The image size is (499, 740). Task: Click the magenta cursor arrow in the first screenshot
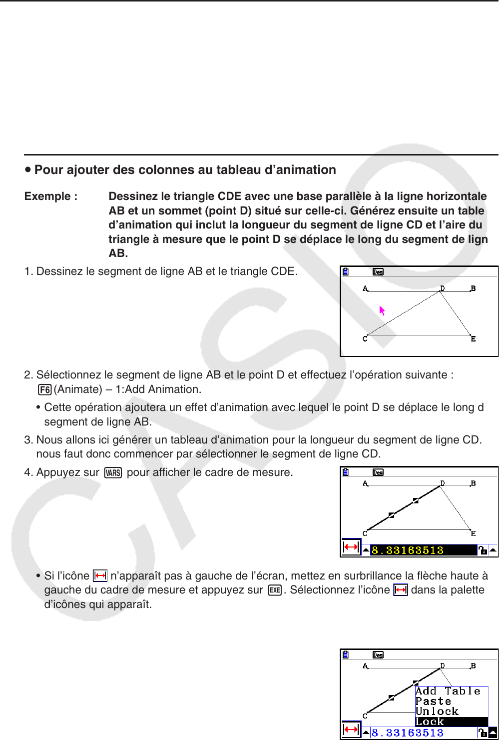pos(382,311)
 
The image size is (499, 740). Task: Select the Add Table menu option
pos(448,691)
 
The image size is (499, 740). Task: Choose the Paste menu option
pos(433,701)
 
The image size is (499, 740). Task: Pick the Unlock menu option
pos(437,711)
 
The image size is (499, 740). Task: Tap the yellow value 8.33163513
pos(408,550)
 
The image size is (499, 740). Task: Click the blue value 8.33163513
pos(408,733)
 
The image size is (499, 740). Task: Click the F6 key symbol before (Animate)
pos(44,389)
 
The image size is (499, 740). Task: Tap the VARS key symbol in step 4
pos(113,472)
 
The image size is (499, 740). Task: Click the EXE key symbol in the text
pos(275,590)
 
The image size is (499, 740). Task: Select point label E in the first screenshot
pos(473,339)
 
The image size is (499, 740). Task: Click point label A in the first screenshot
pos(365,288)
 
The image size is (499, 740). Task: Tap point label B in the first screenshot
pos(473,288)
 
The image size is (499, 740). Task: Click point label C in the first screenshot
pos(365,339)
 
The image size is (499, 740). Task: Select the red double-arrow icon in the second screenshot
pos(351,547)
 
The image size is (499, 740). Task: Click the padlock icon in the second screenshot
pos(482,550)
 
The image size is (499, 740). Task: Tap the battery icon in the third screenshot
pos(346,655)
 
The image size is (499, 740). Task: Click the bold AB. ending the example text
pos(118,253)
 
